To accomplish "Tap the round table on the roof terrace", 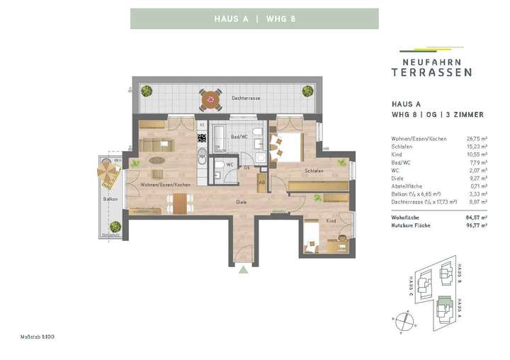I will pyautogui.click(x=210, y=101).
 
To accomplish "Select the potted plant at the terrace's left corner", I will pyautogui.click(x=147, y=91).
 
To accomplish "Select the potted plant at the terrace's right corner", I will pyautogui.click(x=307, y=91).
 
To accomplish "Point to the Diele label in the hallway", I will pyautogui.click(x=242, y=202).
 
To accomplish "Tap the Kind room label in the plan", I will pyautogui.click(x=331, y=221).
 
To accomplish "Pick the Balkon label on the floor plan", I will pyautogui.click(x=110, y=199).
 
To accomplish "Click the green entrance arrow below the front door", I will pyautogui.click(x=244, y=269).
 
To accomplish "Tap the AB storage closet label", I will pyautogui.click(x=262, y=182).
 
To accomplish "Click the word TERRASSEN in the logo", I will pyautogui.click(x=433, y=72).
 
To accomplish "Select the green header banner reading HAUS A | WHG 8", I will pyautogui.click(x=254, y=18).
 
